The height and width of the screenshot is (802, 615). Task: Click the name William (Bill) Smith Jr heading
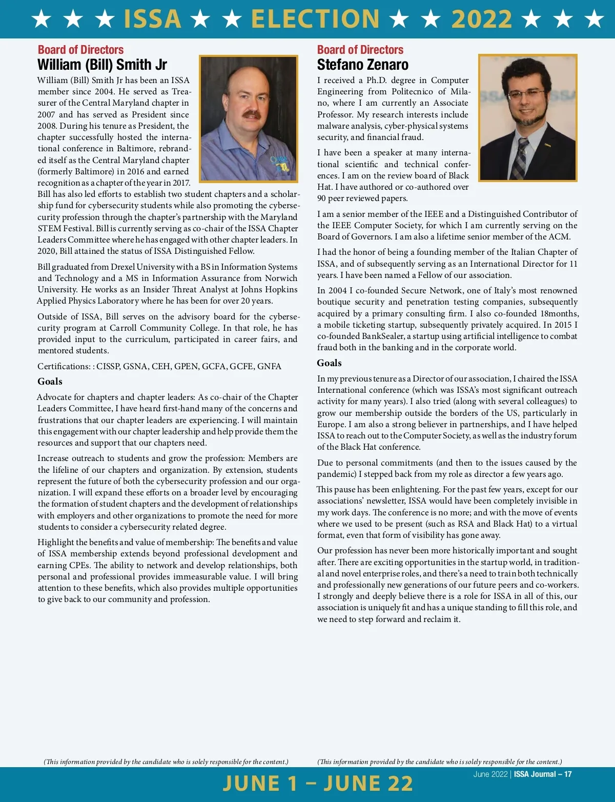click(102, 65)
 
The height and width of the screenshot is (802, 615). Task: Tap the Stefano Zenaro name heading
click(362, 65)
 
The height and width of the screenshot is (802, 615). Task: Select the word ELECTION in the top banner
click(315, 19)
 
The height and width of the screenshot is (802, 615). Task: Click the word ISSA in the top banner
click(153, 19)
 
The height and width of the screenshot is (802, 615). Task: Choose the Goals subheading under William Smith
click(50, 382)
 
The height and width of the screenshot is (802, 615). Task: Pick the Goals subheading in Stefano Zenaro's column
click(329, 363)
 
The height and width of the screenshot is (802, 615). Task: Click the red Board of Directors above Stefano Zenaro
click(360, 50)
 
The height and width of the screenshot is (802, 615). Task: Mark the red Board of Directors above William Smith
click(80, 50)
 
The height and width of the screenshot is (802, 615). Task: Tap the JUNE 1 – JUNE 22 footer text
click(318, 783)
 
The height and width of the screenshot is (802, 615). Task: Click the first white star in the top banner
click(42, 19)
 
